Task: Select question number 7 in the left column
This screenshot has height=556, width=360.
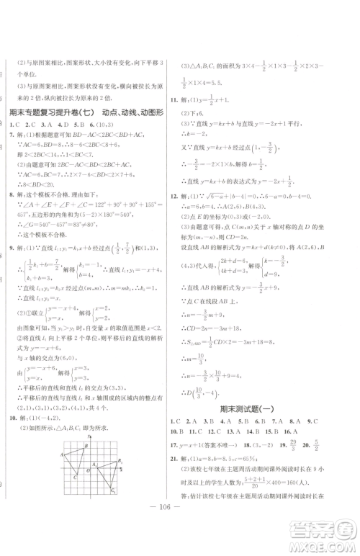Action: coord(9,135)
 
